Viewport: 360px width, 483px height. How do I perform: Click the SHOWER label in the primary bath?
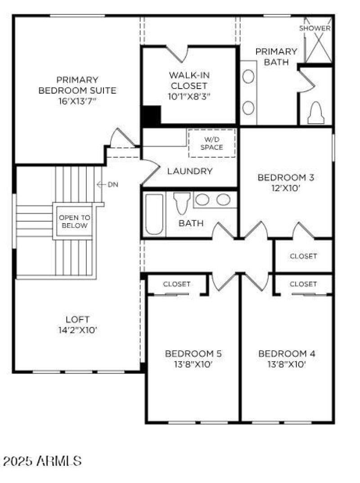pyautogui.click(x=315, y=28)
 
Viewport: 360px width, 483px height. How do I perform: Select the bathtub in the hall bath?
pyautogui.click(x=154, y=214)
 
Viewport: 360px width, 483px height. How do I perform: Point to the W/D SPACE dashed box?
pyautogui.click(x=211, y=143)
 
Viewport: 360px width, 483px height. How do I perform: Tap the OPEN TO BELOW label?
pyautogui.click(x=75, y=221)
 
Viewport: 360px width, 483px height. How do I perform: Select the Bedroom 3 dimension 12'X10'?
pyautogui.click(x=286, y=189)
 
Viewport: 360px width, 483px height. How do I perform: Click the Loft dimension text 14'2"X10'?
pyautogui.click(x=75, y=330)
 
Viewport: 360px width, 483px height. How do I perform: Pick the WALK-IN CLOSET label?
pyautogui.click(x=189, y=80)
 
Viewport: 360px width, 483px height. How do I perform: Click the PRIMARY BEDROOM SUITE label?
pyautogui.click(x=77, y=85)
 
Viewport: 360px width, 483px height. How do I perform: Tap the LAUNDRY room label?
pyautogui.click(x=190, y=171)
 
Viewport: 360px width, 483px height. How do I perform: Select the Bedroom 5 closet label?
pyautogui.click(x=177, y=284)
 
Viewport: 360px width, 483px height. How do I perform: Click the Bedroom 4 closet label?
pyautogui.click(x=303, y=284)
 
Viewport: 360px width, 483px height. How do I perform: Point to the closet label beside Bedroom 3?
pyautogui.click(x=303, y=256)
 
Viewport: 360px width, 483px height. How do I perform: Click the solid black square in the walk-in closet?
pyautogui.click(x=151, y=116)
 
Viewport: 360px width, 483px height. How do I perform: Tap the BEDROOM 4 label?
pyautogui.click(x=287, y=353)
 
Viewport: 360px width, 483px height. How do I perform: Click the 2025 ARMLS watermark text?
pyautogui.click(x=42, y=461)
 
